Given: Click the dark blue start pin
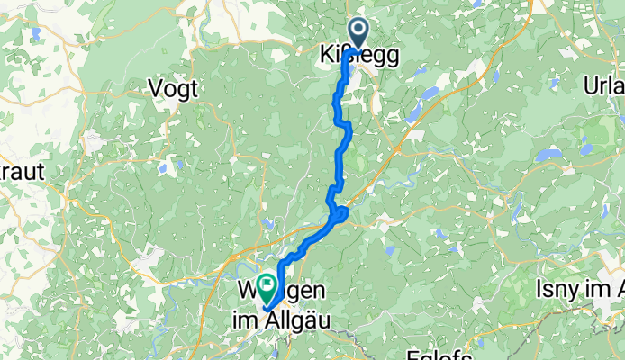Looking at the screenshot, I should pos(358,32).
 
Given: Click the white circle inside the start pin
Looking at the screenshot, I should pos(358,30).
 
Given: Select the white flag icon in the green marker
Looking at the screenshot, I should pos(267,285).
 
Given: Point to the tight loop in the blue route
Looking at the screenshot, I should pos(340,213).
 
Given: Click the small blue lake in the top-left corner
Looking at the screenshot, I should pos(35,34).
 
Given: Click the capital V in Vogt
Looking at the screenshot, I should pos(154,89).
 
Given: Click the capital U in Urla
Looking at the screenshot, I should pos(591,89).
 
